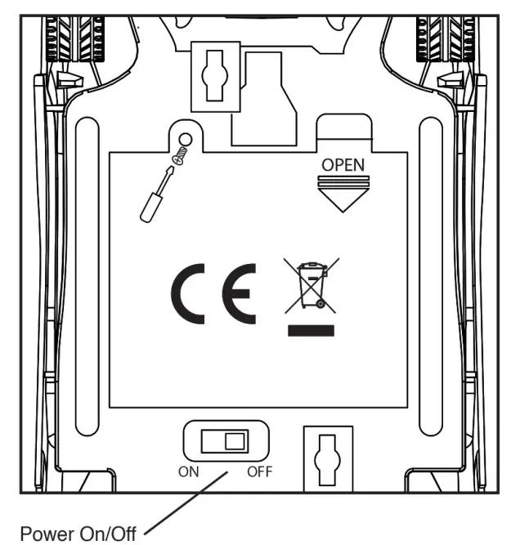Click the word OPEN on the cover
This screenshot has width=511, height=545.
point(343,165)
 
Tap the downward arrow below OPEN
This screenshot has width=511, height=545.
point(343,194)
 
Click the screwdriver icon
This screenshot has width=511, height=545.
point(156,194)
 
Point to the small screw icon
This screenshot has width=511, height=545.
point(180,156)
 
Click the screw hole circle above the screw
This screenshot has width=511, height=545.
point(186,140)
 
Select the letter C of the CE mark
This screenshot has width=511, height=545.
point(188,293)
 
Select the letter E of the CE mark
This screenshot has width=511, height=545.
point(240,293)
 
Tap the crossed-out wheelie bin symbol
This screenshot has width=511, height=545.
point(311,286)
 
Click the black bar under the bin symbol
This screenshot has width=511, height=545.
point(311,331)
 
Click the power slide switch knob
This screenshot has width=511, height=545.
point(235,441)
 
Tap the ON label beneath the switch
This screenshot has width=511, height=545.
point(189,471)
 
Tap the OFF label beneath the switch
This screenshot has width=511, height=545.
point(259,471)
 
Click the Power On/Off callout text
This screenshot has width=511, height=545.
point(78,534)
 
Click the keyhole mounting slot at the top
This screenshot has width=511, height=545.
point(215,76)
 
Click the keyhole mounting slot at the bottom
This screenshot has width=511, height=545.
point(327,460)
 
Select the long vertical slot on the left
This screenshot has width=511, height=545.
point(87,276)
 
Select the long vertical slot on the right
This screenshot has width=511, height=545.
point(431,276)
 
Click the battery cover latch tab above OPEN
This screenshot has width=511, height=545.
point(344,132)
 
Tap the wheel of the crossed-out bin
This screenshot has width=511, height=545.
point(320,304)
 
